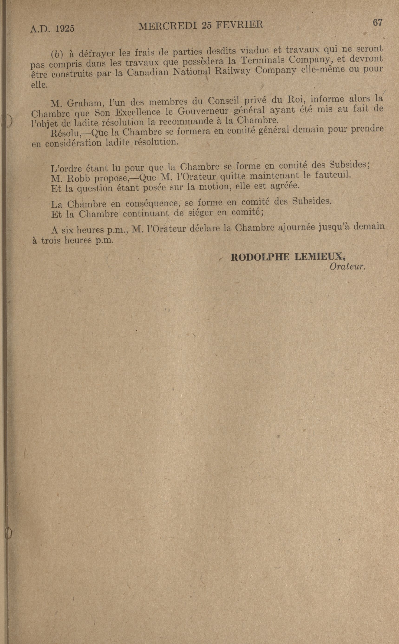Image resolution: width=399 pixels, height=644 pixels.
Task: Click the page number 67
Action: pos(377,23)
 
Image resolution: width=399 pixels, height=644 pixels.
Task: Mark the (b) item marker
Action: pos(57,54)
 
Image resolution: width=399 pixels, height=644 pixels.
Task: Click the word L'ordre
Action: pos(66,168)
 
